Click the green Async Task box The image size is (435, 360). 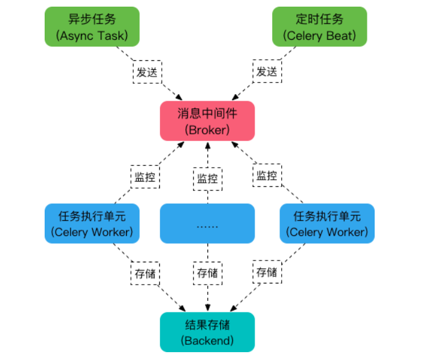coord(92,27)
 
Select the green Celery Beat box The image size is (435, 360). coord(320,27)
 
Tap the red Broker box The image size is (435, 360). coord(207,121)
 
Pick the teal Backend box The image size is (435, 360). coord(207,332)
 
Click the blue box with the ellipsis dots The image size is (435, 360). coord(207,224)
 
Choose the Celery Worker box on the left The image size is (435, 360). coord(92,224)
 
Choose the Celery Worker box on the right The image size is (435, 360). coord(327,224)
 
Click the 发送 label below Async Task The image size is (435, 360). coord(147,72)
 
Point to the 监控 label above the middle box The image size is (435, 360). coord(207,178)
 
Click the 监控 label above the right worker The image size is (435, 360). coord(267,176)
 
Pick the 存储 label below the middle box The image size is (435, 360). coord(207,273)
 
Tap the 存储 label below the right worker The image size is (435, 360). coord(267,272)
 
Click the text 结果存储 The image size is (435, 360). coord(207,324)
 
